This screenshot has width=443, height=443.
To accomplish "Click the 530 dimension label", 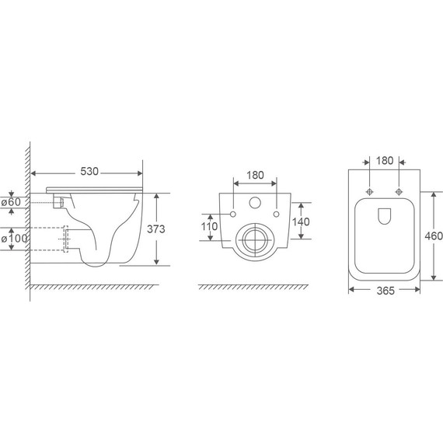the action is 89,172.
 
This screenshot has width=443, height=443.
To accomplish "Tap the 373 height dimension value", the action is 156,229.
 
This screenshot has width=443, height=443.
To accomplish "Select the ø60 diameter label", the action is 11,202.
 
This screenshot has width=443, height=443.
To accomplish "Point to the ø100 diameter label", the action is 14,239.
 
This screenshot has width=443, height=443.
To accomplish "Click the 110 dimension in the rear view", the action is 209,227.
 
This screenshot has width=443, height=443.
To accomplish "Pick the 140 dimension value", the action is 301,222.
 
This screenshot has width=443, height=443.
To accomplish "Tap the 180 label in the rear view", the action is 256,176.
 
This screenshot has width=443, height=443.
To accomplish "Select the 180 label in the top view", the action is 385,161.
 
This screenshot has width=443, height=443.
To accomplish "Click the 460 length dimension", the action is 434,236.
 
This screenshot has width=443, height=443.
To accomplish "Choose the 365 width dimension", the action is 385,291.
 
